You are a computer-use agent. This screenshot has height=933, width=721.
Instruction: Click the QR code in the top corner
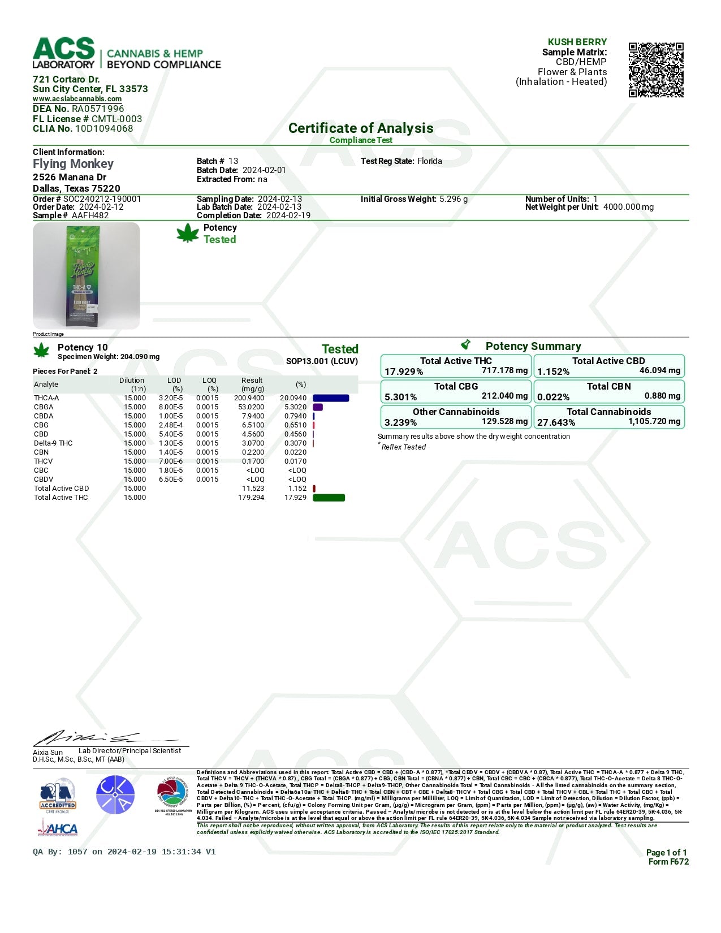(x=656, y=70)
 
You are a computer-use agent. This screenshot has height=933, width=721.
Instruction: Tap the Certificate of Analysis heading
(x=361, y=128)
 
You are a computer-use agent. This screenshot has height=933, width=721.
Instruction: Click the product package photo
(x=87, y=275)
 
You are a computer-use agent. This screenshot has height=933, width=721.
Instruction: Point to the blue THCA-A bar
(x=331, y=398)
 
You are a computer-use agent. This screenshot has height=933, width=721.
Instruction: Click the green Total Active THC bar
(x=329, y=498)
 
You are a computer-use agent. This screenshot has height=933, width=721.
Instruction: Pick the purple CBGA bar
(x=318, y=407)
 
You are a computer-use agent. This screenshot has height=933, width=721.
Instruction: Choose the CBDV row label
(x=44, y=480)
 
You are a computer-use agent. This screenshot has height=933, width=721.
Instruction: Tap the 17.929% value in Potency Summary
(x=404, y=372)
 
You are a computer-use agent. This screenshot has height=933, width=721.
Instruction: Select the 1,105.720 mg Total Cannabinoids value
(x=654, y=421)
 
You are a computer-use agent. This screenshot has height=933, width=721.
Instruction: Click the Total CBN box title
(x=608, y=386)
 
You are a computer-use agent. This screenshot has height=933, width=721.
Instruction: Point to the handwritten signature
(x=102, y=737)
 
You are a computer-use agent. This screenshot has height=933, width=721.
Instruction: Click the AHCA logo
(x=58, y=828)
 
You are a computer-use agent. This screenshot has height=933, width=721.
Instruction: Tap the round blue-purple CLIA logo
(x=115, y=795)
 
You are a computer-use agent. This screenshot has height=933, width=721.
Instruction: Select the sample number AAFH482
(x=90, y=215)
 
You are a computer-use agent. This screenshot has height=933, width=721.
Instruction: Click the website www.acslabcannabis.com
(x=77, y=99)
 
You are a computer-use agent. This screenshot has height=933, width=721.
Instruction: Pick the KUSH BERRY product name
(x=577, y=42)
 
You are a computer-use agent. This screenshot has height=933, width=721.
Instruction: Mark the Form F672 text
(x=668, y=862)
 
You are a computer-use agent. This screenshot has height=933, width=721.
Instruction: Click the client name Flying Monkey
(x=73, y=164)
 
